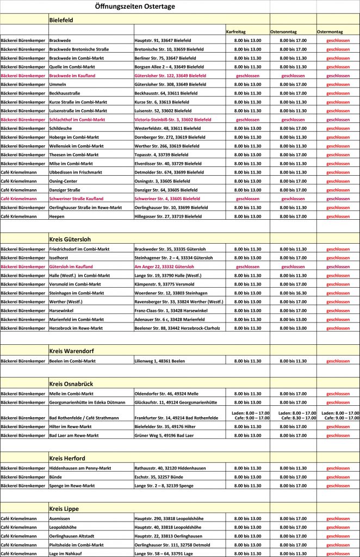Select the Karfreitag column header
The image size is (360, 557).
tap(236, 32)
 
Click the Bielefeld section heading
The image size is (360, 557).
tap(61, 20)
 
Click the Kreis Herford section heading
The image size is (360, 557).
tap(67, 458)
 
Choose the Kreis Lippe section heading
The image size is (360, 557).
tap(64, 509)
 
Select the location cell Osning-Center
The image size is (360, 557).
tap(65, 181)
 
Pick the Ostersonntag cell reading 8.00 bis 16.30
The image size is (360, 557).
tap(293, 293)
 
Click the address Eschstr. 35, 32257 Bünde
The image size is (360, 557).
tap(158, 477)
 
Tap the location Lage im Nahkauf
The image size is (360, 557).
tap(66, 553)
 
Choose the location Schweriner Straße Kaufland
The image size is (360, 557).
tap(76, 199)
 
